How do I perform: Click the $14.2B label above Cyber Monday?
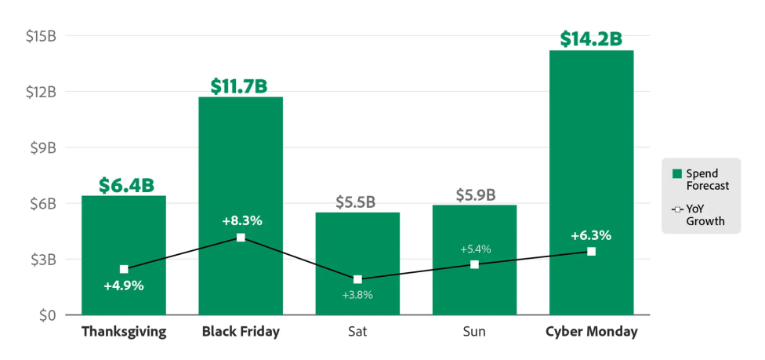click(591, 38)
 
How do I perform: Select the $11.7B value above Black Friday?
click(241, 85)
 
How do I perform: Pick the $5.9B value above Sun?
click(475, 195)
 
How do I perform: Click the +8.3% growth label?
click(241, 220)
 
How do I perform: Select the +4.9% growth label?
click(124, 285)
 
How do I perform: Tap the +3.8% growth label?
click(357, 295)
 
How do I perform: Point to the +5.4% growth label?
click(475, 249)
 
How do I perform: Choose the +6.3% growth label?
click(591, 235)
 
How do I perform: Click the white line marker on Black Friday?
click(241, 237)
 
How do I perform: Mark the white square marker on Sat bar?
click(357, 279)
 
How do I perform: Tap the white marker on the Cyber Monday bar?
click(591, 251)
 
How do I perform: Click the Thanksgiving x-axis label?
click(124, 332)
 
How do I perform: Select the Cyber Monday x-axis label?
click(591, 332)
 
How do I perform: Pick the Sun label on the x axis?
click(474, 332)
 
